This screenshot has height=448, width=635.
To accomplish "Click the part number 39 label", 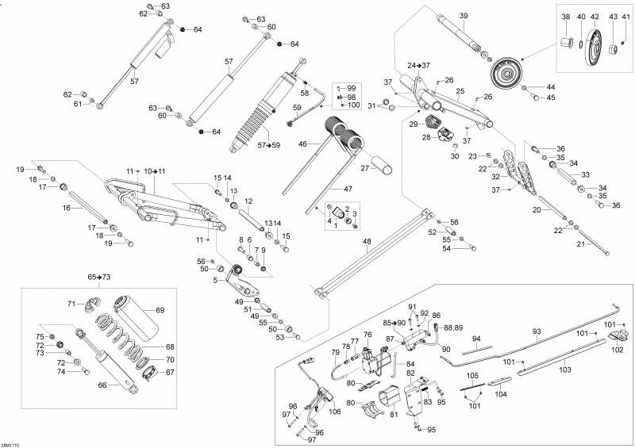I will tap(464, 15).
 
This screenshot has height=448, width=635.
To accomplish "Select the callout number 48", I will tap(367, 242).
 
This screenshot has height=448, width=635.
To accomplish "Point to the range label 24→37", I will tap(418, 65).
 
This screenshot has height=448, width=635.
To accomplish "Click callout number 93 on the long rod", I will tap(536, 331).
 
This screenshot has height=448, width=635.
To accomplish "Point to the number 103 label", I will tap(565, 370).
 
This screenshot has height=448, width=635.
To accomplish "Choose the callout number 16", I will tap(67, 208).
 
